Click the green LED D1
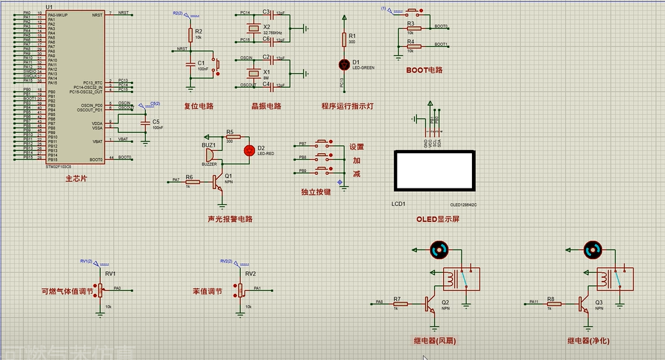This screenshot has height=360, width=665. point(345,64)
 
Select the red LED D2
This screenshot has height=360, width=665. point(249,150)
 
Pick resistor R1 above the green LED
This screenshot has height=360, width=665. point(345,40)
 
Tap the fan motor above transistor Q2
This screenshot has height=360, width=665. point(439,249)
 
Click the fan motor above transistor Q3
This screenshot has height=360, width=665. point(593,249)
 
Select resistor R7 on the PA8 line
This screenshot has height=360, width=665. point(398,304)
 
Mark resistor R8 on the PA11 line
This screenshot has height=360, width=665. point(551,304)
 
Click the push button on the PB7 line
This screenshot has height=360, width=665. point(323,143)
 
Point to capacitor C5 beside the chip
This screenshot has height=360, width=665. point(145,122)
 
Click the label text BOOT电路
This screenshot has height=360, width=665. point(424,70)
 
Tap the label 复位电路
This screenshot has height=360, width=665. point(198,106)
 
